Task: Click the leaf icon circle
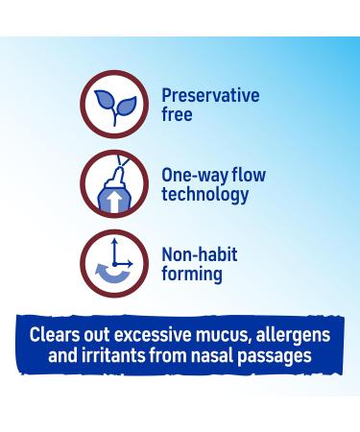[x=114, y=105]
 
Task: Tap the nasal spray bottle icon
[x=114, y=184]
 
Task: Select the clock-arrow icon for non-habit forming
[x=114, y=264]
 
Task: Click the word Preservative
[x=210, y=96]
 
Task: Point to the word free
[x=178, y=115]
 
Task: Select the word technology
[x=205, y=195]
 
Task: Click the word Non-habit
[x=199, y=254]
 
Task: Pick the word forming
[x=192, y=275]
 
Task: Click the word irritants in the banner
[x=126, y=356]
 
